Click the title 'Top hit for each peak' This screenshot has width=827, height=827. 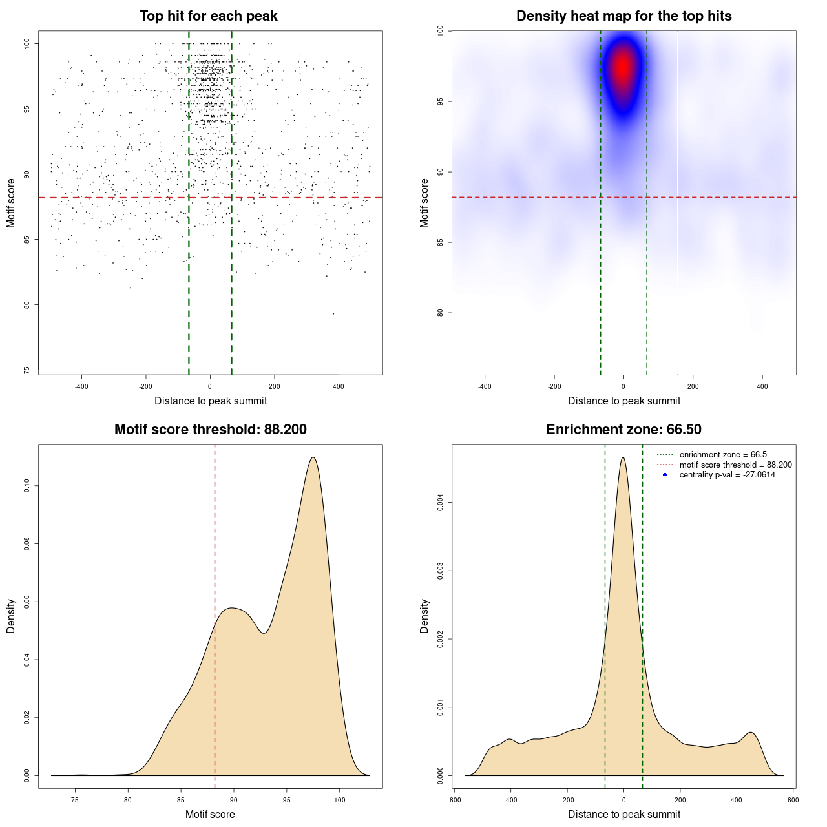coord(209,16)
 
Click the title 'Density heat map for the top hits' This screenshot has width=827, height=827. coord(623,16)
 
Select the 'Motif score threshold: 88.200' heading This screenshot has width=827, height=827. coord(210,430)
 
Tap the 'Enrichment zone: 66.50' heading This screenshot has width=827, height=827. coord(623,430)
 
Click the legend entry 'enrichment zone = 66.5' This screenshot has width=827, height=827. coord(723,455)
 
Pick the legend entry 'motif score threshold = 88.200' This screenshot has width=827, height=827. coord(735,465)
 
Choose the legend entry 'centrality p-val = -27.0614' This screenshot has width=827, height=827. coord(727,475)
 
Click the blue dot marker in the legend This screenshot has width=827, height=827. coord(665,475)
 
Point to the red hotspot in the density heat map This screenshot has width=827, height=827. coord(623,67)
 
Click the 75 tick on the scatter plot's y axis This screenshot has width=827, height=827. coord(26,370)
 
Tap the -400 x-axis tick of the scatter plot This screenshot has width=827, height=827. coord(81,386)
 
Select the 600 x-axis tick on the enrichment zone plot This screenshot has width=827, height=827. coord(793,800)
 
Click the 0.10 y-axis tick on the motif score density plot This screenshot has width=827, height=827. coord(26,486)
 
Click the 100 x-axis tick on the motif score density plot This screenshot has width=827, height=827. coord(340,800)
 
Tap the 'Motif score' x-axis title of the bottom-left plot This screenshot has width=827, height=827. coord(210,814)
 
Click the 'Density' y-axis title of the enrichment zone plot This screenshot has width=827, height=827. coord(424,616)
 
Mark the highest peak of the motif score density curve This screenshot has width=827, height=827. coord(313,457)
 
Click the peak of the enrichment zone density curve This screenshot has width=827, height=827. coord(623,457)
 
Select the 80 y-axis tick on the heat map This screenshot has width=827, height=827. coord(440,313)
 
